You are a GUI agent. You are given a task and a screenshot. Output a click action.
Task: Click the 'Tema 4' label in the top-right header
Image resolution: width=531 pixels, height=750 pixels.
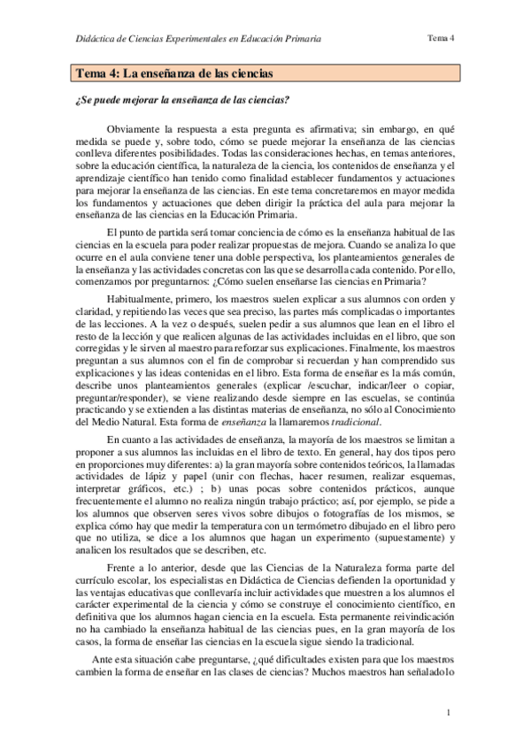click(440, 38)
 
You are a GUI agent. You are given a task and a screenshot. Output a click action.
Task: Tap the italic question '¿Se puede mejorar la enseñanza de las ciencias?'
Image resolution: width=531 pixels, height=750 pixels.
click(183, 99)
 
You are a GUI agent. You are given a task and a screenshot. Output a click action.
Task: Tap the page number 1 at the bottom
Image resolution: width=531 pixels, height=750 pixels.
click(450, 713)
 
